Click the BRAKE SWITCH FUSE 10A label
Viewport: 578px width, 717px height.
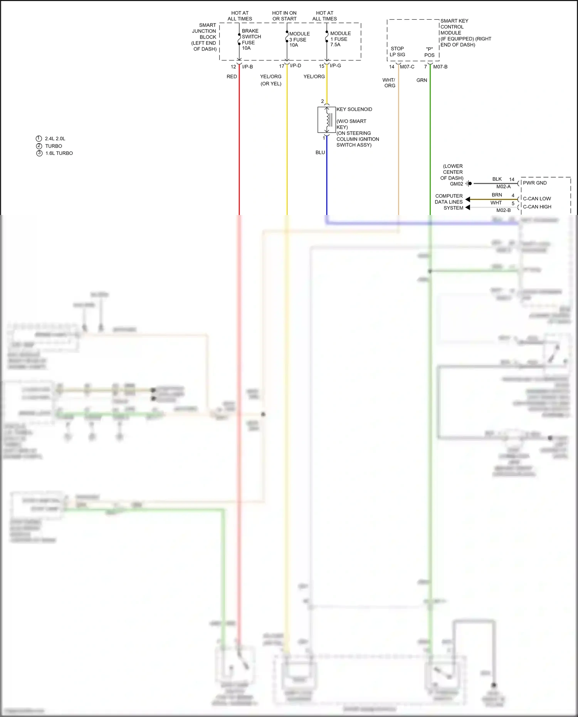click(x=251, y=39)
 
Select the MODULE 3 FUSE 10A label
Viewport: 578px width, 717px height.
click(x=299, y=39)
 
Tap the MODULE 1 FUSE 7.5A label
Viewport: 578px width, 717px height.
click(x=340, y=39)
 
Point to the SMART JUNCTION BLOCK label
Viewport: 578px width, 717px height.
click(x=205, y=37)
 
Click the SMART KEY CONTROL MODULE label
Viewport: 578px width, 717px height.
click(x=465, y=33)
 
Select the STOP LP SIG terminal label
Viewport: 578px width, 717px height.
click(x=397, y=52)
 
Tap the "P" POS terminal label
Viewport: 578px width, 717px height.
click(x=429, y=52)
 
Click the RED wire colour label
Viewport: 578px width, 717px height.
click(x=232, y=77)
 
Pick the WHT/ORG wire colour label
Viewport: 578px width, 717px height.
click(x=389, y=83)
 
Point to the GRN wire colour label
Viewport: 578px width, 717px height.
click(x=422, y=80)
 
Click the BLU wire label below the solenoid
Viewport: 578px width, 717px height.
click(x=320, y=153)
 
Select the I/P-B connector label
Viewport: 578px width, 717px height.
click(x=247, y=67)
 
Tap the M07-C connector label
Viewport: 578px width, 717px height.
click(x=407, y=67)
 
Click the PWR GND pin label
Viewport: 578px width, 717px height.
click(x=534, y=183)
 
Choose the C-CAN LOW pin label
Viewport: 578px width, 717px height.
click(x=537, y=199)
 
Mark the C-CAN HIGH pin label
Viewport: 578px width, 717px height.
click(x=537, y=207)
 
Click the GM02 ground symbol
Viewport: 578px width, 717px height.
click(x=469, y=184)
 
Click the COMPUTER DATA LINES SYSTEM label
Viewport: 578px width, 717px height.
click(x=449, y=202)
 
